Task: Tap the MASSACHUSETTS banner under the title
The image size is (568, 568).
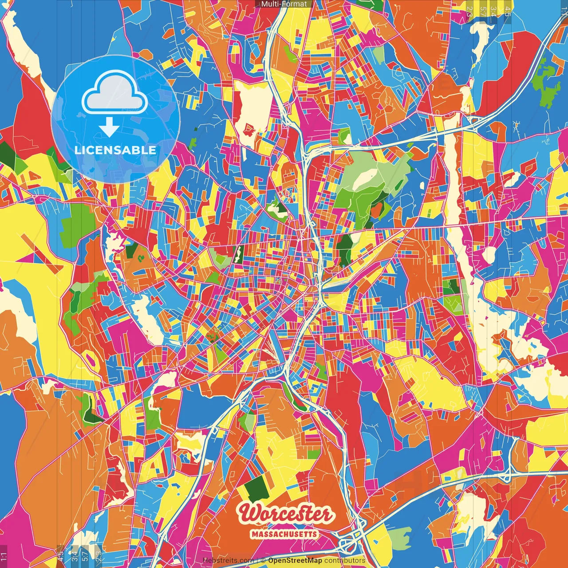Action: click(x=284, y=534)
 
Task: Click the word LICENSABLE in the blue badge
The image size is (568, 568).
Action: click(x=115, y=150)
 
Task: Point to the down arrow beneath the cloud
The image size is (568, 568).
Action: click(x=109, y=127)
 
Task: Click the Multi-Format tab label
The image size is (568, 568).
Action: click(x=284, y=4)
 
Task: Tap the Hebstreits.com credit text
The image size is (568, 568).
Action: click(x=228, y=560)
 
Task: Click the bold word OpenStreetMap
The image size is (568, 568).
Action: click(x=295, y=560)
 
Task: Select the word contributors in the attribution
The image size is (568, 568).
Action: click(x=345, y=560)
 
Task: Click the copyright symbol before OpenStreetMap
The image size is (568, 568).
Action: click(x=263, y=560)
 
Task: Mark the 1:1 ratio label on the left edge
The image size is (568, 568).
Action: click(x=4, y=556)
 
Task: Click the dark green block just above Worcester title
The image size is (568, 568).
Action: click(x=256, y=488)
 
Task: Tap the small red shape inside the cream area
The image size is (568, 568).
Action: click(x=247, y=129)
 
